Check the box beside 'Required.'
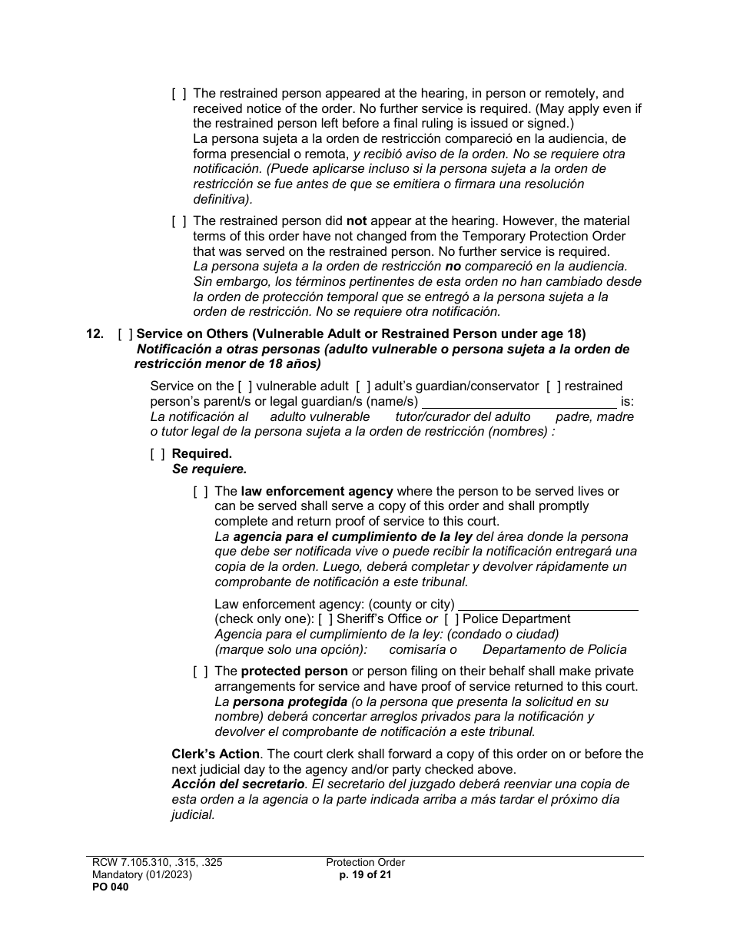coord(157,454)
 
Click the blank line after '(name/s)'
coord(519,401)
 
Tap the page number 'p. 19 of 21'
coord(365,874)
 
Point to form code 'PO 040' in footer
coord(108,887)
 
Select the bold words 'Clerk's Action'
coord(215,754)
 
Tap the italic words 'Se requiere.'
coord(209,469)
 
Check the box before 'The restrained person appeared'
coord(178,94)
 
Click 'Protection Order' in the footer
coord(365,863)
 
